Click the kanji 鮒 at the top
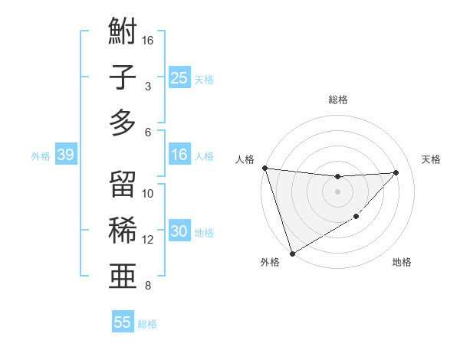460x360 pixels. (123, 34)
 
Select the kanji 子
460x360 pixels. (123, 77)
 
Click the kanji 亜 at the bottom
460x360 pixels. (123, 274)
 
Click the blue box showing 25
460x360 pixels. (179, 77)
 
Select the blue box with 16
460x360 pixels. (179, 155)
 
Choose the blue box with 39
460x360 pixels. (65, 155)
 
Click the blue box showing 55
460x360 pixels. (123, 322)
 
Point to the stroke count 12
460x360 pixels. (148, 240)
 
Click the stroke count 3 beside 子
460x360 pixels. (148, 86)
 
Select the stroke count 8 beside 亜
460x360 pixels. (148, 286)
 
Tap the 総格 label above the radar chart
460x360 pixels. (337, 100)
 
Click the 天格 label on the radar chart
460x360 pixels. (431, 159)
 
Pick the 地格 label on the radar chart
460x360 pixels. (402, 263)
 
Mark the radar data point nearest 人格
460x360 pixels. (264, 168)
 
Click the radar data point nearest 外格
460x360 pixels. (292, 253)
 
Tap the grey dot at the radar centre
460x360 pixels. (337, 191)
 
